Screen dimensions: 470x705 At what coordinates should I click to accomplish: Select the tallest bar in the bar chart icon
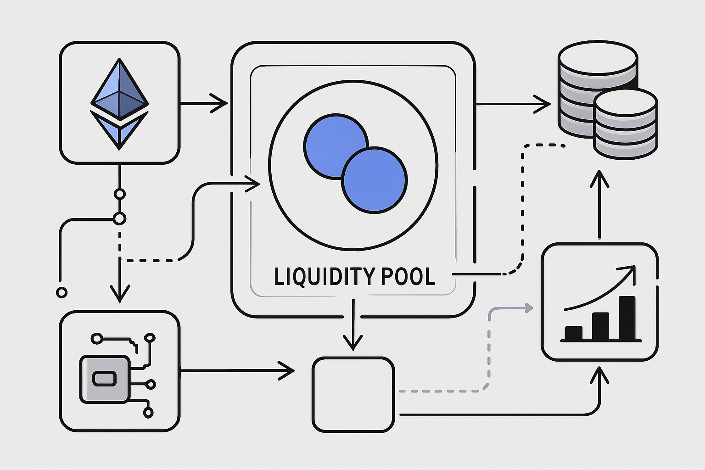627,318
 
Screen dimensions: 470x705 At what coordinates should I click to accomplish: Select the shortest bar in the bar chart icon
573,333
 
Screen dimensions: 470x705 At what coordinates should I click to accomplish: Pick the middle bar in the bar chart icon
600,326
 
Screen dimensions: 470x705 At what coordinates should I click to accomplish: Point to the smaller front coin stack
626,124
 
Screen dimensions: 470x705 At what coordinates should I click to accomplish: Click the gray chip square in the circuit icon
104,379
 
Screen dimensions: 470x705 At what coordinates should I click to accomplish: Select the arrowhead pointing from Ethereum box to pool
221,104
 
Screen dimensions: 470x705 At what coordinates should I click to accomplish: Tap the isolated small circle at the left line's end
61,292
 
